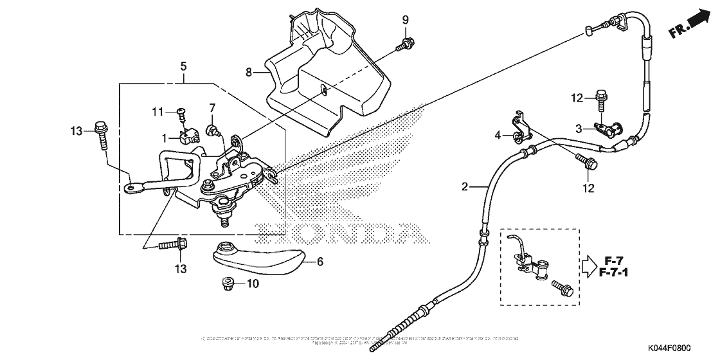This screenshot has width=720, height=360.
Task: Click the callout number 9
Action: point(406,19)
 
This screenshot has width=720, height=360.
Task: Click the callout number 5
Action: point(184,66)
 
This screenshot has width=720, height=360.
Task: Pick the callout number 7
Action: point(212,107)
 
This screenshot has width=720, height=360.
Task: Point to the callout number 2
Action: point(464,187)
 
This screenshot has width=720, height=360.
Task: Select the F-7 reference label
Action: point(614,260)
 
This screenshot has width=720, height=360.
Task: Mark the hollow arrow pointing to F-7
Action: point(590,266)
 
